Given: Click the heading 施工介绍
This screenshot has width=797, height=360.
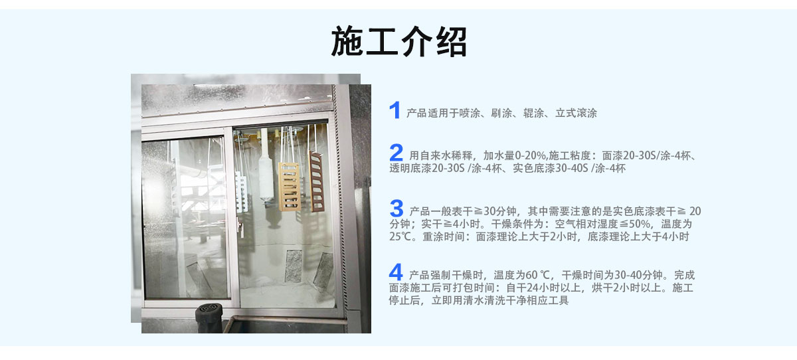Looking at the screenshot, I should click(398, 41).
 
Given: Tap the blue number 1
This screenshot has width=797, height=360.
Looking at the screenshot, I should click(395, 110).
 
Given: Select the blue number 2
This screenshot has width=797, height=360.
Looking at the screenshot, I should click(396, 153).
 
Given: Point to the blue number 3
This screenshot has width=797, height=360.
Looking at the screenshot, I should click(397, 208).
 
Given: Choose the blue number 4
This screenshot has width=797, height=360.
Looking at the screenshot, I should click(396, 272).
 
